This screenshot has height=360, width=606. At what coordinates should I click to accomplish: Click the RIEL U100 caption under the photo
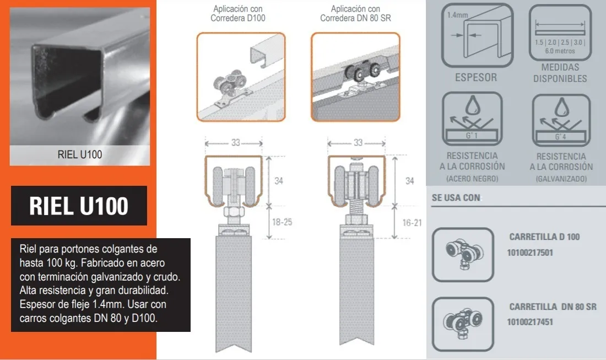80,155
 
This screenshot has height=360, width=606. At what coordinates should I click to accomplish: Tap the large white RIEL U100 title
79,206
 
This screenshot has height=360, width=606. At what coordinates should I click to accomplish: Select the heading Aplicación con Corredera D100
237,13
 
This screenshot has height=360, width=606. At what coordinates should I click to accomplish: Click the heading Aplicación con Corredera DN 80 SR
355,13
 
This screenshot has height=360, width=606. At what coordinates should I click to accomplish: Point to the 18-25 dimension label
282,222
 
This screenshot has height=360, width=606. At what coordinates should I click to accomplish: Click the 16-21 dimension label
412,223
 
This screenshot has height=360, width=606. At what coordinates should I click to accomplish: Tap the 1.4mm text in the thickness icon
458,15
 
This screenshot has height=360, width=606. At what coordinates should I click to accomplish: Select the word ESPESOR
476,77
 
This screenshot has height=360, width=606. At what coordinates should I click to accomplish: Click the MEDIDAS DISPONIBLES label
560,73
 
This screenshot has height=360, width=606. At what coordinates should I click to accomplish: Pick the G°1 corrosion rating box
472,135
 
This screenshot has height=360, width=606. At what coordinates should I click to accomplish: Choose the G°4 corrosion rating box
561,137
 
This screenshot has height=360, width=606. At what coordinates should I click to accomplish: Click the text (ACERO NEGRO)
472,179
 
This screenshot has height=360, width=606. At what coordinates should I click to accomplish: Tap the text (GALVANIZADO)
561,179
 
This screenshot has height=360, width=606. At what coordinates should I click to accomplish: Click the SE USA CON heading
456,197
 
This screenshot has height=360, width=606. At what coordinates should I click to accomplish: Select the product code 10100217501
530,253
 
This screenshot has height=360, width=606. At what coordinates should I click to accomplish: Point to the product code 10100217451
530,322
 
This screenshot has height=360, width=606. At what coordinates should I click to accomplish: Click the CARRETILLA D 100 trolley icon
463,255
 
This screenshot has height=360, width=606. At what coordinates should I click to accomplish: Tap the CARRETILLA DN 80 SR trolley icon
463,324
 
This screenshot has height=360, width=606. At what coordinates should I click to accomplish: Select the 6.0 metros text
560,51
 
